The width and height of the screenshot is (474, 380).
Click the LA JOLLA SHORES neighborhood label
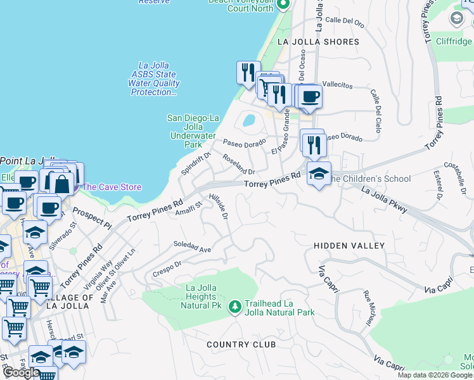(x=318, y=42)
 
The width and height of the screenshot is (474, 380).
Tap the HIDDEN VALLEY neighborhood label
(x=349, y=245)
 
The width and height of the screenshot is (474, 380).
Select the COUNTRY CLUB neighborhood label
(x=241, y=345)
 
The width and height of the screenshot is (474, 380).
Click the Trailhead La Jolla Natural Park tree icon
(x=235, y=307)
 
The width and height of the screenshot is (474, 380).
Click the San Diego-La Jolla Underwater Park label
(x=193, y=131)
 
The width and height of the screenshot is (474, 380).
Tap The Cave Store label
(x=112, y=187)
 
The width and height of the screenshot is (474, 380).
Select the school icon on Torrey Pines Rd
(x=319, y=174)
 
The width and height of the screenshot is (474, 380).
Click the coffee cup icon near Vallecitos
(x=310, y=97)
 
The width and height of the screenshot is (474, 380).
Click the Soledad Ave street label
(x=192, y=246)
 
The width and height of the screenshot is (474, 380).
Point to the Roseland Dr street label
(x=238, y=164)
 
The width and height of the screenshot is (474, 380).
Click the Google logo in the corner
(x=20, y=373)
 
